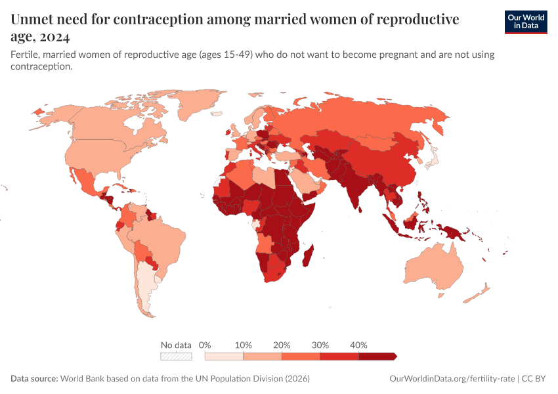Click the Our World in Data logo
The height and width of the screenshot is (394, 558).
tap(525, 22)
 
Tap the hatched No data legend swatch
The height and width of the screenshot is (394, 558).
tap(176, 356)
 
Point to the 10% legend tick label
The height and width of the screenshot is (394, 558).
tap(244, 345)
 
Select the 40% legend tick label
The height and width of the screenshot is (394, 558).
tap(358, 345)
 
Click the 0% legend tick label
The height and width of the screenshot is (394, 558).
tap(205, 345)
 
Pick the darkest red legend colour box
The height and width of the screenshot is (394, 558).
tap(377, 356)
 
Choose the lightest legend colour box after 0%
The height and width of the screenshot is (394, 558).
tap(224, 356)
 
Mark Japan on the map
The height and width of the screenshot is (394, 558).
tap(431, 158)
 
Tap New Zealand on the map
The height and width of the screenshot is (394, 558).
tap(478, 294)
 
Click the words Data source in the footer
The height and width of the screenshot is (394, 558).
tap(34, 379)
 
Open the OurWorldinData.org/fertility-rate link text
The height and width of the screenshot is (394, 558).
tap(452, 379)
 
